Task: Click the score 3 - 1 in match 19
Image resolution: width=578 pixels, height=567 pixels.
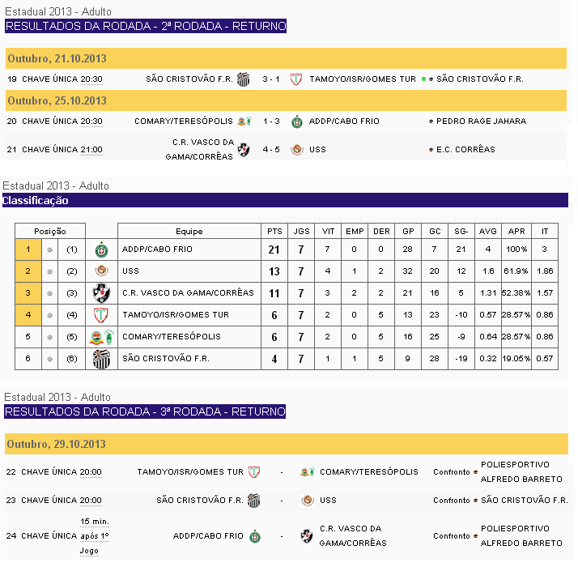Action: [x=272, y=79]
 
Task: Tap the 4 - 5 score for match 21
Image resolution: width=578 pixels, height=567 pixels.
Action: [x=272, y=150]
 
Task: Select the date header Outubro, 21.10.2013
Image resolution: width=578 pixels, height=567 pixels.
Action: [x=57, y=59]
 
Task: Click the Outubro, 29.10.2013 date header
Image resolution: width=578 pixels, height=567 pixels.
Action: [x=57, y=445]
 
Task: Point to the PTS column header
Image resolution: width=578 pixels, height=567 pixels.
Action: [x=275, y=232]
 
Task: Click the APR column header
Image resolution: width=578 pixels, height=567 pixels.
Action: [x=516, y=232]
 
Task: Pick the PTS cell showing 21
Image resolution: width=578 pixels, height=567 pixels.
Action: [x=275, y=249]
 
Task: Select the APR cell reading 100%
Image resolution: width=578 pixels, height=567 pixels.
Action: [x=516, y=249]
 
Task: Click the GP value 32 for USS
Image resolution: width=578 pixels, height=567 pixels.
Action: [x=408, y=271]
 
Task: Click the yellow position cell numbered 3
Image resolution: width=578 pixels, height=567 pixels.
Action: [x=28, y=293]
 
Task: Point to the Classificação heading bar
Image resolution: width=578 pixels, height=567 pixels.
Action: [x=283, y=201]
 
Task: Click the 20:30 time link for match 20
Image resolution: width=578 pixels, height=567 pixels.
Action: [x=91, y=122]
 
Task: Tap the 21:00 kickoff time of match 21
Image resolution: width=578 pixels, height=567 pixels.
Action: [x=91, y=150]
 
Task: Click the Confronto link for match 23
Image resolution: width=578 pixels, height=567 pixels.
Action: [x=451, y=501]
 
